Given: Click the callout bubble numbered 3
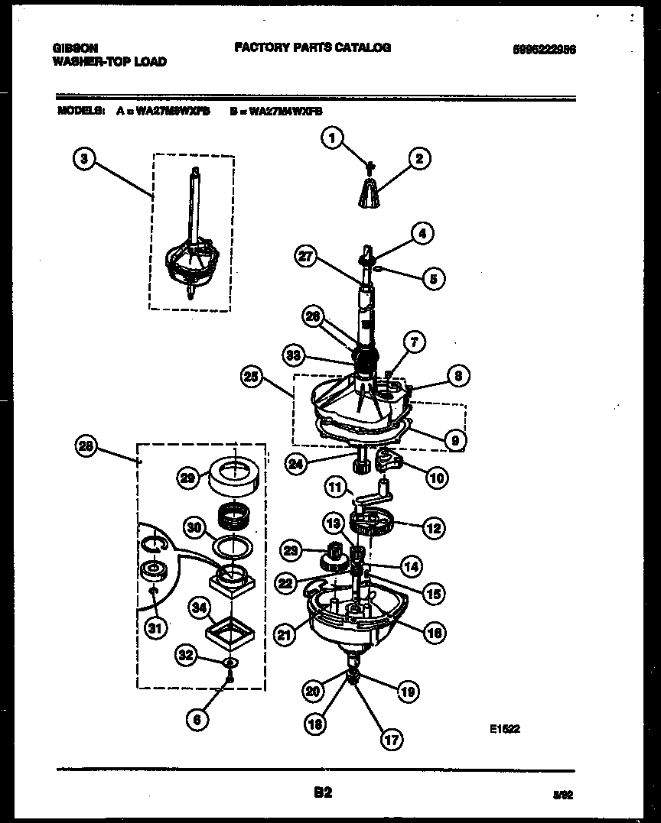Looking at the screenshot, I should (x=85, y=159).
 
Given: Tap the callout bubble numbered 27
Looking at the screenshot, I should (x=306, y=258).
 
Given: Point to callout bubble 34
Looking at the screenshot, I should (x=199, y=608).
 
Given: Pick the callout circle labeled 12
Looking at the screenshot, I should (x=433, y=527).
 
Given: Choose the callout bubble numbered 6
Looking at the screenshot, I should (x=198, y=719).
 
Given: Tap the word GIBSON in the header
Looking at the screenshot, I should (x=75, y=47).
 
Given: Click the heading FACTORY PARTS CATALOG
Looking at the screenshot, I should (x=312, y=47).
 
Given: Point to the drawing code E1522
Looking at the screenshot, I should (x=505, y=728).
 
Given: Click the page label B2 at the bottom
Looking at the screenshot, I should (x=323, y=792).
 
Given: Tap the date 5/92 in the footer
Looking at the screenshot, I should (x=563, y=795).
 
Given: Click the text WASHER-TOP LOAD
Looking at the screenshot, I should (x=109, y=61).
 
